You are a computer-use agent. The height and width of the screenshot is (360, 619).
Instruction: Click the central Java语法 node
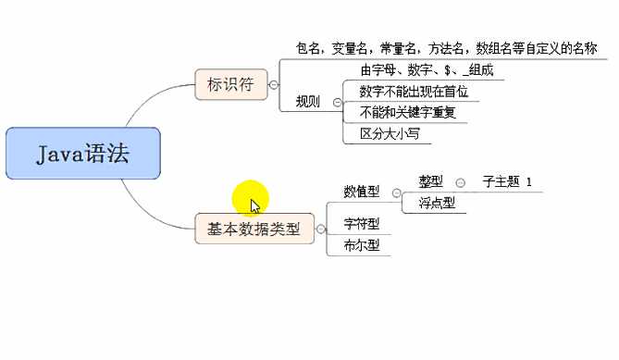[83, 154]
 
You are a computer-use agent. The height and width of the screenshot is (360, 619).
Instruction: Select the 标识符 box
[229, 84]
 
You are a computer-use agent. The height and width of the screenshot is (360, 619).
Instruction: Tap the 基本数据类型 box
[254, 229]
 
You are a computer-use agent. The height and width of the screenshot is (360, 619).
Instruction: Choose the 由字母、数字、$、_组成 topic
[414, 70]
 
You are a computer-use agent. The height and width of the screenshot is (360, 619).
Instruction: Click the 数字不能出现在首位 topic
[408, 93]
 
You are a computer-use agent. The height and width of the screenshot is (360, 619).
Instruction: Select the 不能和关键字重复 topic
[399, 113]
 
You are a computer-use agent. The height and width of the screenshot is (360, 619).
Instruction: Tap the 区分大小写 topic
[384, 134]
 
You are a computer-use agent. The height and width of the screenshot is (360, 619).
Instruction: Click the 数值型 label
[361, 192]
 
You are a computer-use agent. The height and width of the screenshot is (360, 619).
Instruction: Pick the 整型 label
[431, 181]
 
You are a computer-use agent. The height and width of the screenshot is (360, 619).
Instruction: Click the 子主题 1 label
[507, 181]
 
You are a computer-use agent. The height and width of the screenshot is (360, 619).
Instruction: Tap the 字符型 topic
[361, 224]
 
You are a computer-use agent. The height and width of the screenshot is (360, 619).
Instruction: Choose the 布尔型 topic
[361, 245]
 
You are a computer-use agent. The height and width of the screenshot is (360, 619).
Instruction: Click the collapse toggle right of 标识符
[274, 84]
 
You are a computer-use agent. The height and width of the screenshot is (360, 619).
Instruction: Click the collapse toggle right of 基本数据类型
[321, 229]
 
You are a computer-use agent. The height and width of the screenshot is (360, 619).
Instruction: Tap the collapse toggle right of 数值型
[395, 192]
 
